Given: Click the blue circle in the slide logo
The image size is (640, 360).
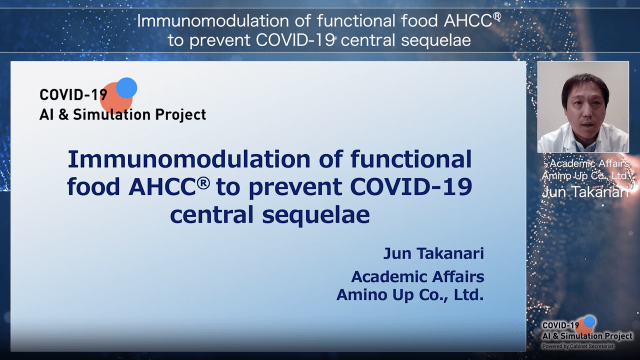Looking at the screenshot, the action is (126, 87).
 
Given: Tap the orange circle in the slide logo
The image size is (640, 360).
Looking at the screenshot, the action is (116, 98).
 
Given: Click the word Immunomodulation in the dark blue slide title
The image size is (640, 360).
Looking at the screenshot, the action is (189, 159).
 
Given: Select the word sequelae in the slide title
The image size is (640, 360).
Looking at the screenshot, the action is (315, 215).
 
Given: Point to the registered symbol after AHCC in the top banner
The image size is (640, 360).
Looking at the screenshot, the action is (497, 17).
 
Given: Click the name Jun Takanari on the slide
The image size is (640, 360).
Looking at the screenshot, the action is (433, 253).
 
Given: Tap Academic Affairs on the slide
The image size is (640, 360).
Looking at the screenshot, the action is (417, 276).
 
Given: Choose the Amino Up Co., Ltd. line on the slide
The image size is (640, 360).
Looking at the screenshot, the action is (410, 294).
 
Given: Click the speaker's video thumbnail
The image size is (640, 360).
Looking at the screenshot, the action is (583, 107).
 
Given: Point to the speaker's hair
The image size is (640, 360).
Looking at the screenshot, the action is (584, 85).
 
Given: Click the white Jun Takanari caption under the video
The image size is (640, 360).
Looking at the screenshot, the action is (585, 192).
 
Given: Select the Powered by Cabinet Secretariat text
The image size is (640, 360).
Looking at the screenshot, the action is (577, 346).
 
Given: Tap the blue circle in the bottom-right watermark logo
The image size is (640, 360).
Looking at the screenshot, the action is (589, 321).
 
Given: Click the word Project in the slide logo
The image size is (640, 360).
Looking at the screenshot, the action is (180, 115).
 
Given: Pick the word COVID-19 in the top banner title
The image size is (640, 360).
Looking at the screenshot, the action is (295, 40).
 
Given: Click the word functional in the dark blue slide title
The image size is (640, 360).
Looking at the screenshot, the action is (411, 159).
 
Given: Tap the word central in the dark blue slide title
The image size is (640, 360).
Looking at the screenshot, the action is (211, 215).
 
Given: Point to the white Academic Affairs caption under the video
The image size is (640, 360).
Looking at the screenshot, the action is (589, 163).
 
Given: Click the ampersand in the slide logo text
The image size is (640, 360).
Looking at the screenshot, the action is (63, 115).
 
